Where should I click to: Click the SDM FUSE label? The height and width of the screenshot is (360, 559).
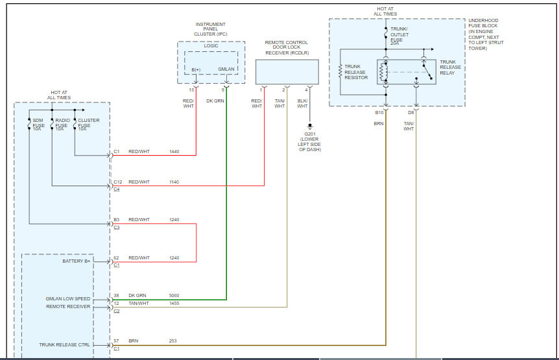pyautogui.click(x=38, y=123)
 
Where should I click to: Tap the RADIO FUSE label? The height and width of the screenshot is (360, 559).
pyautogui.click(x=62, y=123)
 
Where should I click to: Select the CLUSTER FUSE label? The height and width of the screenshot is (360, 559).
pyautogui.click(x=89, y=123)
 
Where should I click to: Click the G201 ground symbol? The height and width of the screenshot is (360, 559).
pyautogui.click(x=310, y=126)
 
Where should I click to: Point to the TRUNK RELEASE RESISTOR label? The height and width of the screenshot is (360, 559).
pyautogui.click(x=356, y=72)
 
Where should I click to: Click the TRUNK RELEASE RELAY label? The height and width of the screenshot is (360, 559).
pyautogui.click(x=450, y=67)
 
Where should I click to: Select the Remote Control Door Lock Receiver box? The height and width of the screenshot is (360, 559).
pyautogui.click(x=287, y=72)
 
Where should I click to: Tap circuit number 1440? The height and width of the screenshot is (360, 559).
pyautogui.click(x=174, y=152)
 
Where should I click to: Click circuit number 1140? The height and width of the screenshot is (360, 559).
pyautogui.click(x=174, y=182)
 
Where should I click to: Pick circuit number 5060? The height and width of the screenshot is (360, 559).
pyautogui.click(x=174, y=296)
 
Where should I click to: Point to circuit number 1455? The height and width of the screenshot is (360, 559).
pyautogui.click(x=174, y=304)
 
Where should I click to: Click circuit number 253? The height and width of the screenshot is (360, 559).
pyautogui.click(x=173, y=341)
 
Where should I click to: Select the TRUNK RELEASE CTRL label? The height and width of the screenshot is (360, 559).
pyautogui.click(x=65, y=344)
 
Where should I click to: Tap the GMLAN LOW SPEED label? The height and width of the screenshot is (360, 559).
pyautogui.click(x=67, y=298)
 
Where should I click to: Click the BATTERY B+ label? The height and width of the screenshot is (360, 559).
pyautogui.click(x=77, y=261)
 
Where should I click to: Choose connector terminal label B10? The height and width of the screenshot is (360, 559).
pyautogui.click(x=379, y=113)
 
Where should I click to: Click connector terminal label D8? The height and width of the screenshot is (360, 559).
pyautogui.click(x=411, y=113)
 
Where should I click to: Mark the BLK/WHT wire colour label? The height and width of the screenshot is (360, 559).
pyautogui.click(x=302, y=103)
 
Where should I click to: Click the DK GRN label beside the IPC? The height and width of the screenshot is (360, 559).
pyautogui.click(x=215, y=101)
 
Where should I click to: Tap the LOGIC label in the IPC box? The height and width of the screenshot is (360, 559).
pyautogui.click(x=211, y=45)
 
